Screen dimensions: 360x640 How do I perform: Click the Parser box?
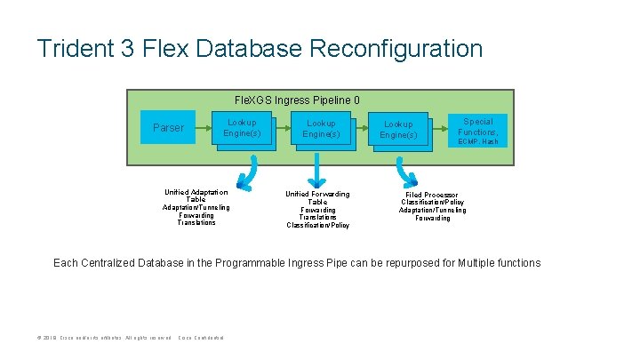point(169,128)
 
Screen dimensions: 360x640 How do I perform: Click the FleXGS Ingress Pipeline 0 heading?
point(296,100)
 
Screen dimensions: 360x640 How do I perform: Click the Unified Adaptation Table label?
point(196,196)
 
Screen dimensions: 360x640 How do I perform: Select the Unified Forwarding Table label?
point(317,198)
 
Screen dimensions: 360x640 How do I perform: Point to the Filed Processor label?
point(432,195)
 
